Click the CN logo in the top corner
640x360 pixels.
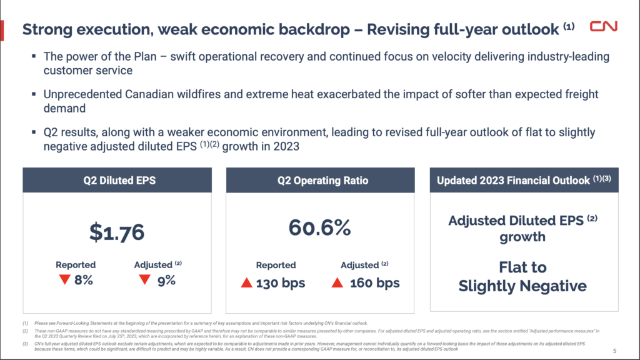click(x=604, y=27)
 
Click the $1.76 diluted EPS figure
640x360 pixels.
click(x=116, y=232)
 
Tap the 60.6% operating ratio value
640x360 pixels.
click(x=319, y=227)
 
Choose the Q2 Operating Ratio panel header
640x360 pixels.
click(x=319, y=181)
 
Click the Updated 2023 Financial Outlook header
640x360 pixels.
click(x=522, y=181)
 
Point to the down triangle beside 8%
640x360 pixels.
click(x=64, y=280)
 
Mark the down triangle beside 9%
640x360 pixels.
click(x=144, y=280)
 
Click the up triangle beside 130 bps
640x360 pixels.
click(x=246, y=284)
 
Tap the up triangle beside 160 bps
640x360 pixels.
click(x=337, y=284)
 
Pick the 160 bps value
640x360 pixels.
click(x=374, y=283)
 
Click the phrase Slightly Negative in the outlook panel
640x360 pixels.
click(x=522, y=286)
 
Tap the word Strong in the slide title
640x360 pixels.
click(x=45, y=29)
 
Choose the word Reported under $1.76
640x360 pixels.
click(x=76, y=265)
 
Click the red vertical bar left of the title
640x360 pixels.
click(x=2, y=29)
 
